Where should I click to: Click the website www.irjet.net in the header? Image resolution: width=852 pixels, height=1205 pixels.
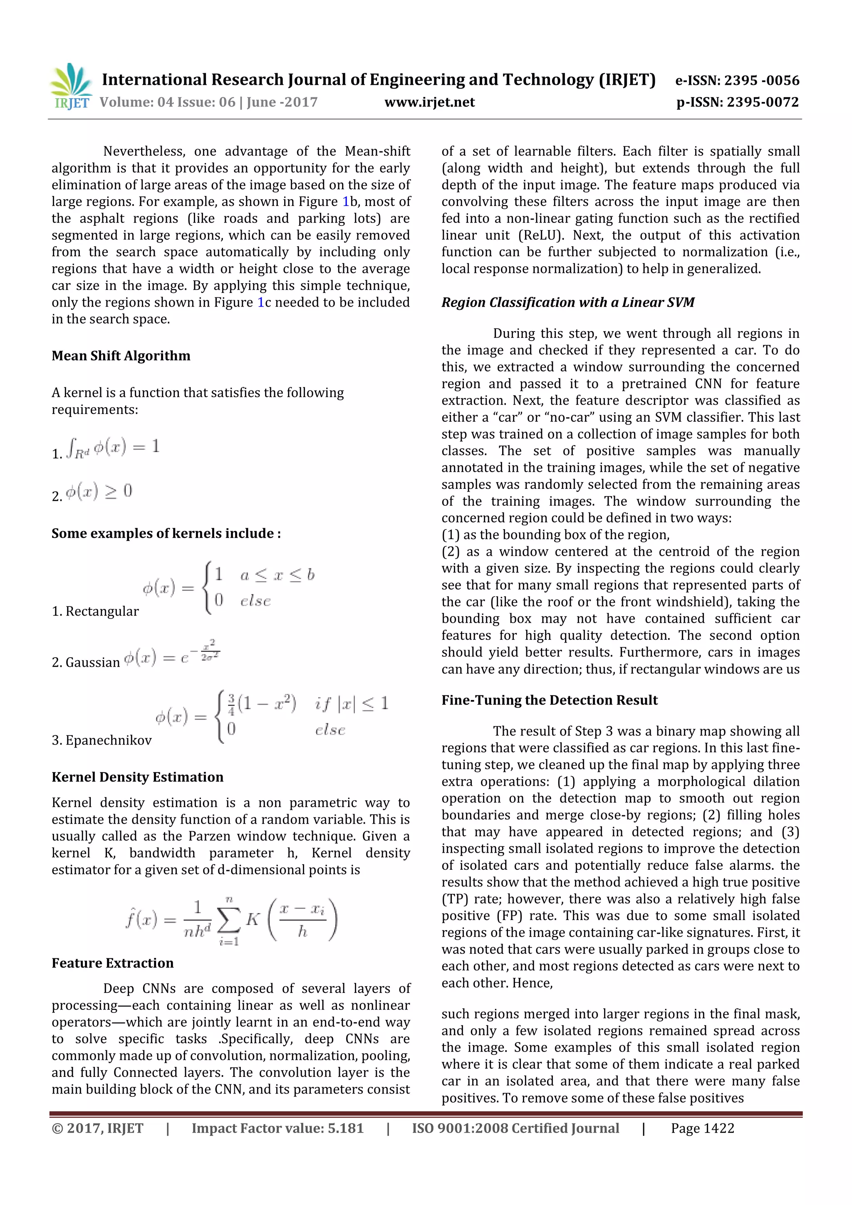(x=429, y=102)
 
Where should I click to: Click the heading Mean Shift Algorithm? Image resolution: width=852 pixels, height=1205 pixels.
(x=121, y=356)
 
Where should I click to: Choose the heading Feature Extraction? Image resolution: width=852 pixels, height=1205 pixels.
(x=112, y=963)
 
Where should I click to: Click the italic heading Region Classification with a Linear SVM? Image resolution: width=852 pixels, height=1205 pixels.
(x=567, y=302)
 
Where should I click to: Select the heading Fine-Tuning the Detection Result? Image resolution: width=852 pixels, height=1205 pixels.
(x=549, y=700)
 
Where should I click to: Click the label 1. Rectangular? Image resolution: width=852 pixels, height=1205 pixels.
(x=95, y=611)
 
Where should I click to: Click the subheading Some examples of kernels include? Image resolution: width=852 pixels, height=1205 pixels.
(x=166, y=533)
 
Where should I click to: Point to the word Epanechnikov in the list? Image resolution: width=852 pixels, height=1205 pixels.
(x=109, y=740)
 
